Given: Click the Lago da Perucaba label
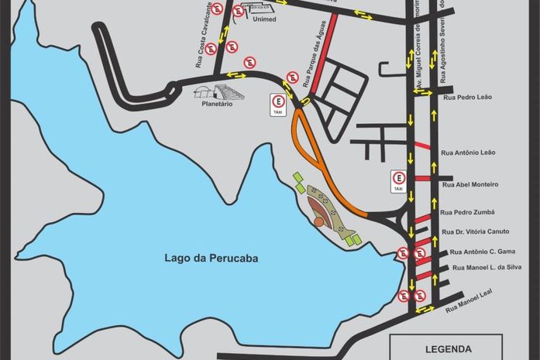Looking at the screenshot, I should (x=211, y=259).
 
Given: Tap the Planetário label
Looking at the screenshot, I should (x=217, y=104).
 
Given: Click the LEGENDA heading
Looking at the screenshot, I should (x=448, y=349).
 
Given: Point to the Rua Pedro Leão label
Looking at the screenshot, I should (x=468, y=98).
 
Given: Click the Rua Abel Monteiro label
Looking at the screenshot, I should (x=469, y=184).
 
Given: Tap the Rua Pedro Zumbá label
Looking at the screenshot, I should (x=467, y=212).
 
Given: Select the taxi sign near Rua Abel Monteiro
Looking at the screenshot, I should (x=398, y=181).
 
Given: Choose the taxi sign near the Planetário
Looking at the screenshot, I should (x=277, y=104).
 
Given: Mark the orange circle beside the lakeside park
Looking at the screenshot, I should (x=318, y=222).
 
